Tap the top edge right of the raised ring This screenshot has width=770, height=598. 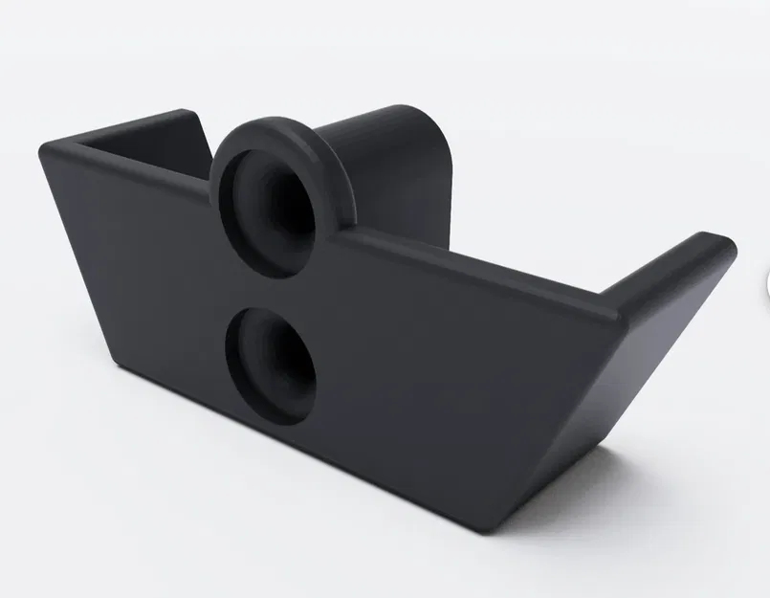pos(469,263)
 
